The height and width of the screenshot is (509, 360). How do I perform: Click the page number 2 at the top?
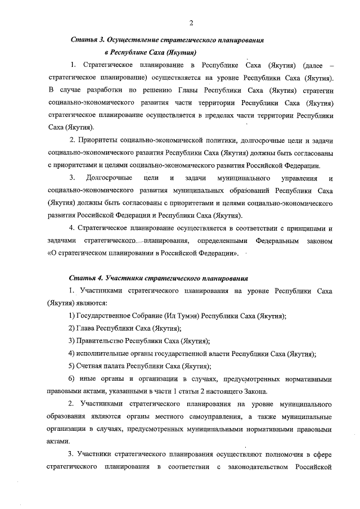click(x=191, y=23)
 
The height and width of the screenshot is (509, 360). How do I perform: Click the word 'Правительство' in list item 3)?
click(x=100, y=341)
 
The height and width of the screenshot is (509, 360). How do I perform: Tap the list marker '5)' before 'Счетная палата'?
click(x=73, y=366)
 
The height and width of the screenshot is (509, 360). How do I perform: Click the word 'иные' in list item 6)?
click(x=92, y=379)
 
